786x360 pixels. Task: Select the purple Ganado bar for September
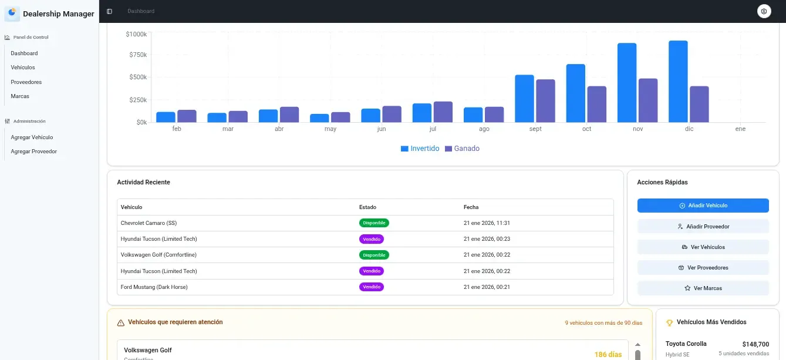point(545,100)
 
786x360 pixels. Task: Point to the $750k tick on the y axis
point(137,55)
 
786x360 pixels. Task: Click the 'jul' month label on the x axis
point(433,129)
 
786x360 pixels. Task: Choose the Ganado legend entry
point(462,149)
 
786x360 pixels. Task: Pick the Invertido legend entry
point(420,149)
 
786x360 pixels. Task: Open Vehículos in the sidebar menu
point(23,68)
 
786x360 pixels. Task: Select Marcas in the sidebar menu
point(20,96)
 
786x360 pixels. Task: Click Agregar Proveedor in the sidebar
point(33,152)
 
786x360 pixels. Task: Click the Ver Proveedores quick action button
point(703,268)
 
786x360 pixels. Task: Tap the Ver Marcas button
point(703,288)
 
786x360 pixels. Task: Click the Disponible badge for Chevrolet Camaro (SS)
point(374,223)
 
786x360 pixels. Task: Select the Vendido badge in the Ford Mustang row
point(372,287)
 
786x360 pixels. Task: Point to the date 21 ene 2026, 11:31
point(487,223)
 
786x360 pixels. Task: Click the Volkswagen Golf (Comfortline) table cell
point(158,255)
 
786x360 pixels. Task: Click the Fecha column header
point(471,207)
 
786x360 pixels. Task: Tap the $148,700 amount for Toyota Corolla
point(755,345)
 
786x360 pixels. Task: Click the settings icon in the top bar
point(764,11)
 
